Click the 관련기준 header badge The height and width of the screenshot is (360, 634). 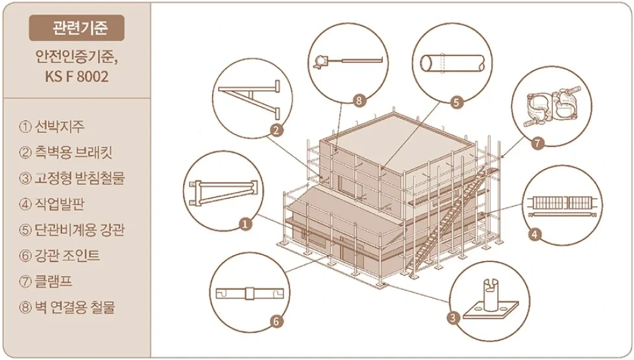[77, 28]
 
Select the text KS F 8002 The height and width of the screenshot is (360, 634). [77, 76]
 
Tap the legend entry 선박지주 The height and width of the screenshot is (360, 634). [52, 126]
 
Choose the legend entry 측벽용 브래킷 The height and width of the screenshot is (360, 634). [66, 152]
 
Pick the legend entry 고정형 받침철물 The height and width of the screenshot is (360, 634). [72, 178]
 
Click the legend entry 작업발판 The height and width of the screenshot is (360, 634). [52, 204]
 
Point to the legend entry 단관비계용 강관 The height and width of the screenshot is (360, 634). [72, 230]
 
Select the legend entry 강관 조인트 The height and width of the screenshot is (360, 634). [59, 256]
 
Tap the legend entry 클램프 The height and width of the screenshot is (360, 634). [45, 282]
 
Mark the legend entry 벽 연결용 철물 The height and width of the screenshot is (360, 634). [67, 307]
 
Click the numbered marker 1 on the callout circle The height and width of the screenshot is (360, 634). [245, 224]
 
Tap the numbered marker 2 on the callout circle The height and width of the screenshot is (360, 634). [276, 130]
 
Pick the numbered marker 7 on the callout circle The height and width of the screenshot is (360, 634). [537, 143]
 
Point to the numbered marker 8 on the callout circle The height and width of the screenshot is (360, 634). [359, 100]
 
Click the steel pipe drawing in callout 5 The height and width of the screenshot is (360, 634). [452, 64]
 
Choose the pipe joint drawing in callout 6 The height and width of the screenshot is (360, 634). [249, 293]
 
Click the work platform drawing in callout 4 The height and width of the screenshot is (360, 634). [561, 206]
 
